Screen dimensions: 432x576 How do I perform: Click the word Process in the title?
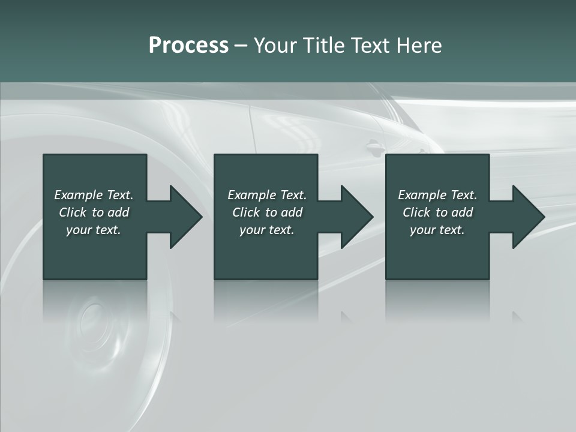[188, 46]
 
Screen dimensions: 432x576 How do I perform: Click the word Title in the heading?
[323, 46]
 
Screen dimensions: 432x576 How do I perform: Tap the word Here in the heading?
[419, 46]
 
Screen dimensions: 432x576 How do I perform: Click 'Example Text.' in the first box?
[94, 195]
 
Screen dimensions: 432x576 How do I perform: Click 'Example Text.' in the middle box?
[267, 195]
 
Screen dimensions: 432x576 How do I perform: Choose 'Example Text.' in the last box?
[437, 195]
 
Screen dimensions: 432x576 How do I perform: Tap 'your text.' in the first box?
[94, 230]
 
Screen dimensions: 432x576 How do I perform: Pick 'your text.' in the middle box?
[267, 230]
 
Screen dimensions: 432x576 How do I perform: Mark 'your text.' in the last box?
[437, 230]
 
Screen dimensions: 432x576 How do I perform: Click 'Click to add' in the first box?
[94, 212]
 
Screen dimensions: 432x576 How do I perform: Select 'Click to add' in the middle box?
[267, 212]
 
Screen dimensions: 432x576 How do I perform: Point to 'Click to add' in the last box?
[437, 212]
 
